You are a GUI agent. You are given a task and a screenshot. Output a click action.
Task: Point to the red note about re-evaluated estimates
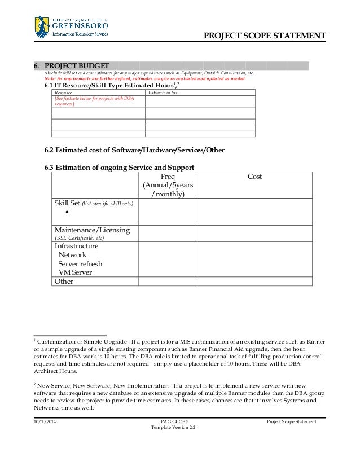point(144,79)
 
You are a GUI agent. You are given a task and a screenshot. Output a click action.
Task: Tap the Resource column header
point(63,93)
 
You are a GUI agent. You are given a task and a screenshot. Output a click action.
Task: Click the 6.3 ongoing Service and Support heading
point(120,168)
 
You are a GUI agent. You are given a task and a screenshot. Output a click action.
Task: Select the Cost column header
point(254,177)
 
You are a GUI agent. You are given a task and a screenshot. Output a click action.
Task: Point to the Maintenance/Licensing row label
point(92,230)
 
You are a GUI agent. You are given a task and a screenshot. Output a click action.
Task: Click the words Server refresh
point(80,263)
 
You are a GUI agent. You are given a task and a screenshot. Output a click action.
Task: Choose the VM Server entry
point(75,272)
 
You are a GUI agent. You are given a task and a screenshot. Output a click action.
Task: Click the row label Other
point(64,281)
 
